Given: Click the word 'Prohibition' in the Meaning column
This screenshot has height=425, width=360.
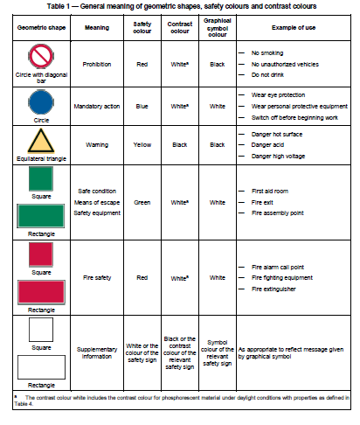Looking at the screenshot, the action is (96, 64).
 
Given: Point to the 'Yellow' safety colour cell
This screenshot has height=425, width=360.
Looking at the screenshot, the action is (147, 143).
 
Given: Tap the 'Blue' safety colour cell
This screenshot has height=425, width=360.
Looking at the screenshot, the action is (147, 104).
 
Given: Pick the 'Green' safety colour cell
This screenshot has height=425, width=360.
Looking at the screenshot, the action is (147, 201).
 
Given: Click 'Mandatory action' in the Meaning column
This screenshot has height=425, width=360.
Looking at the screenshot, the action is (96, 104).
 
